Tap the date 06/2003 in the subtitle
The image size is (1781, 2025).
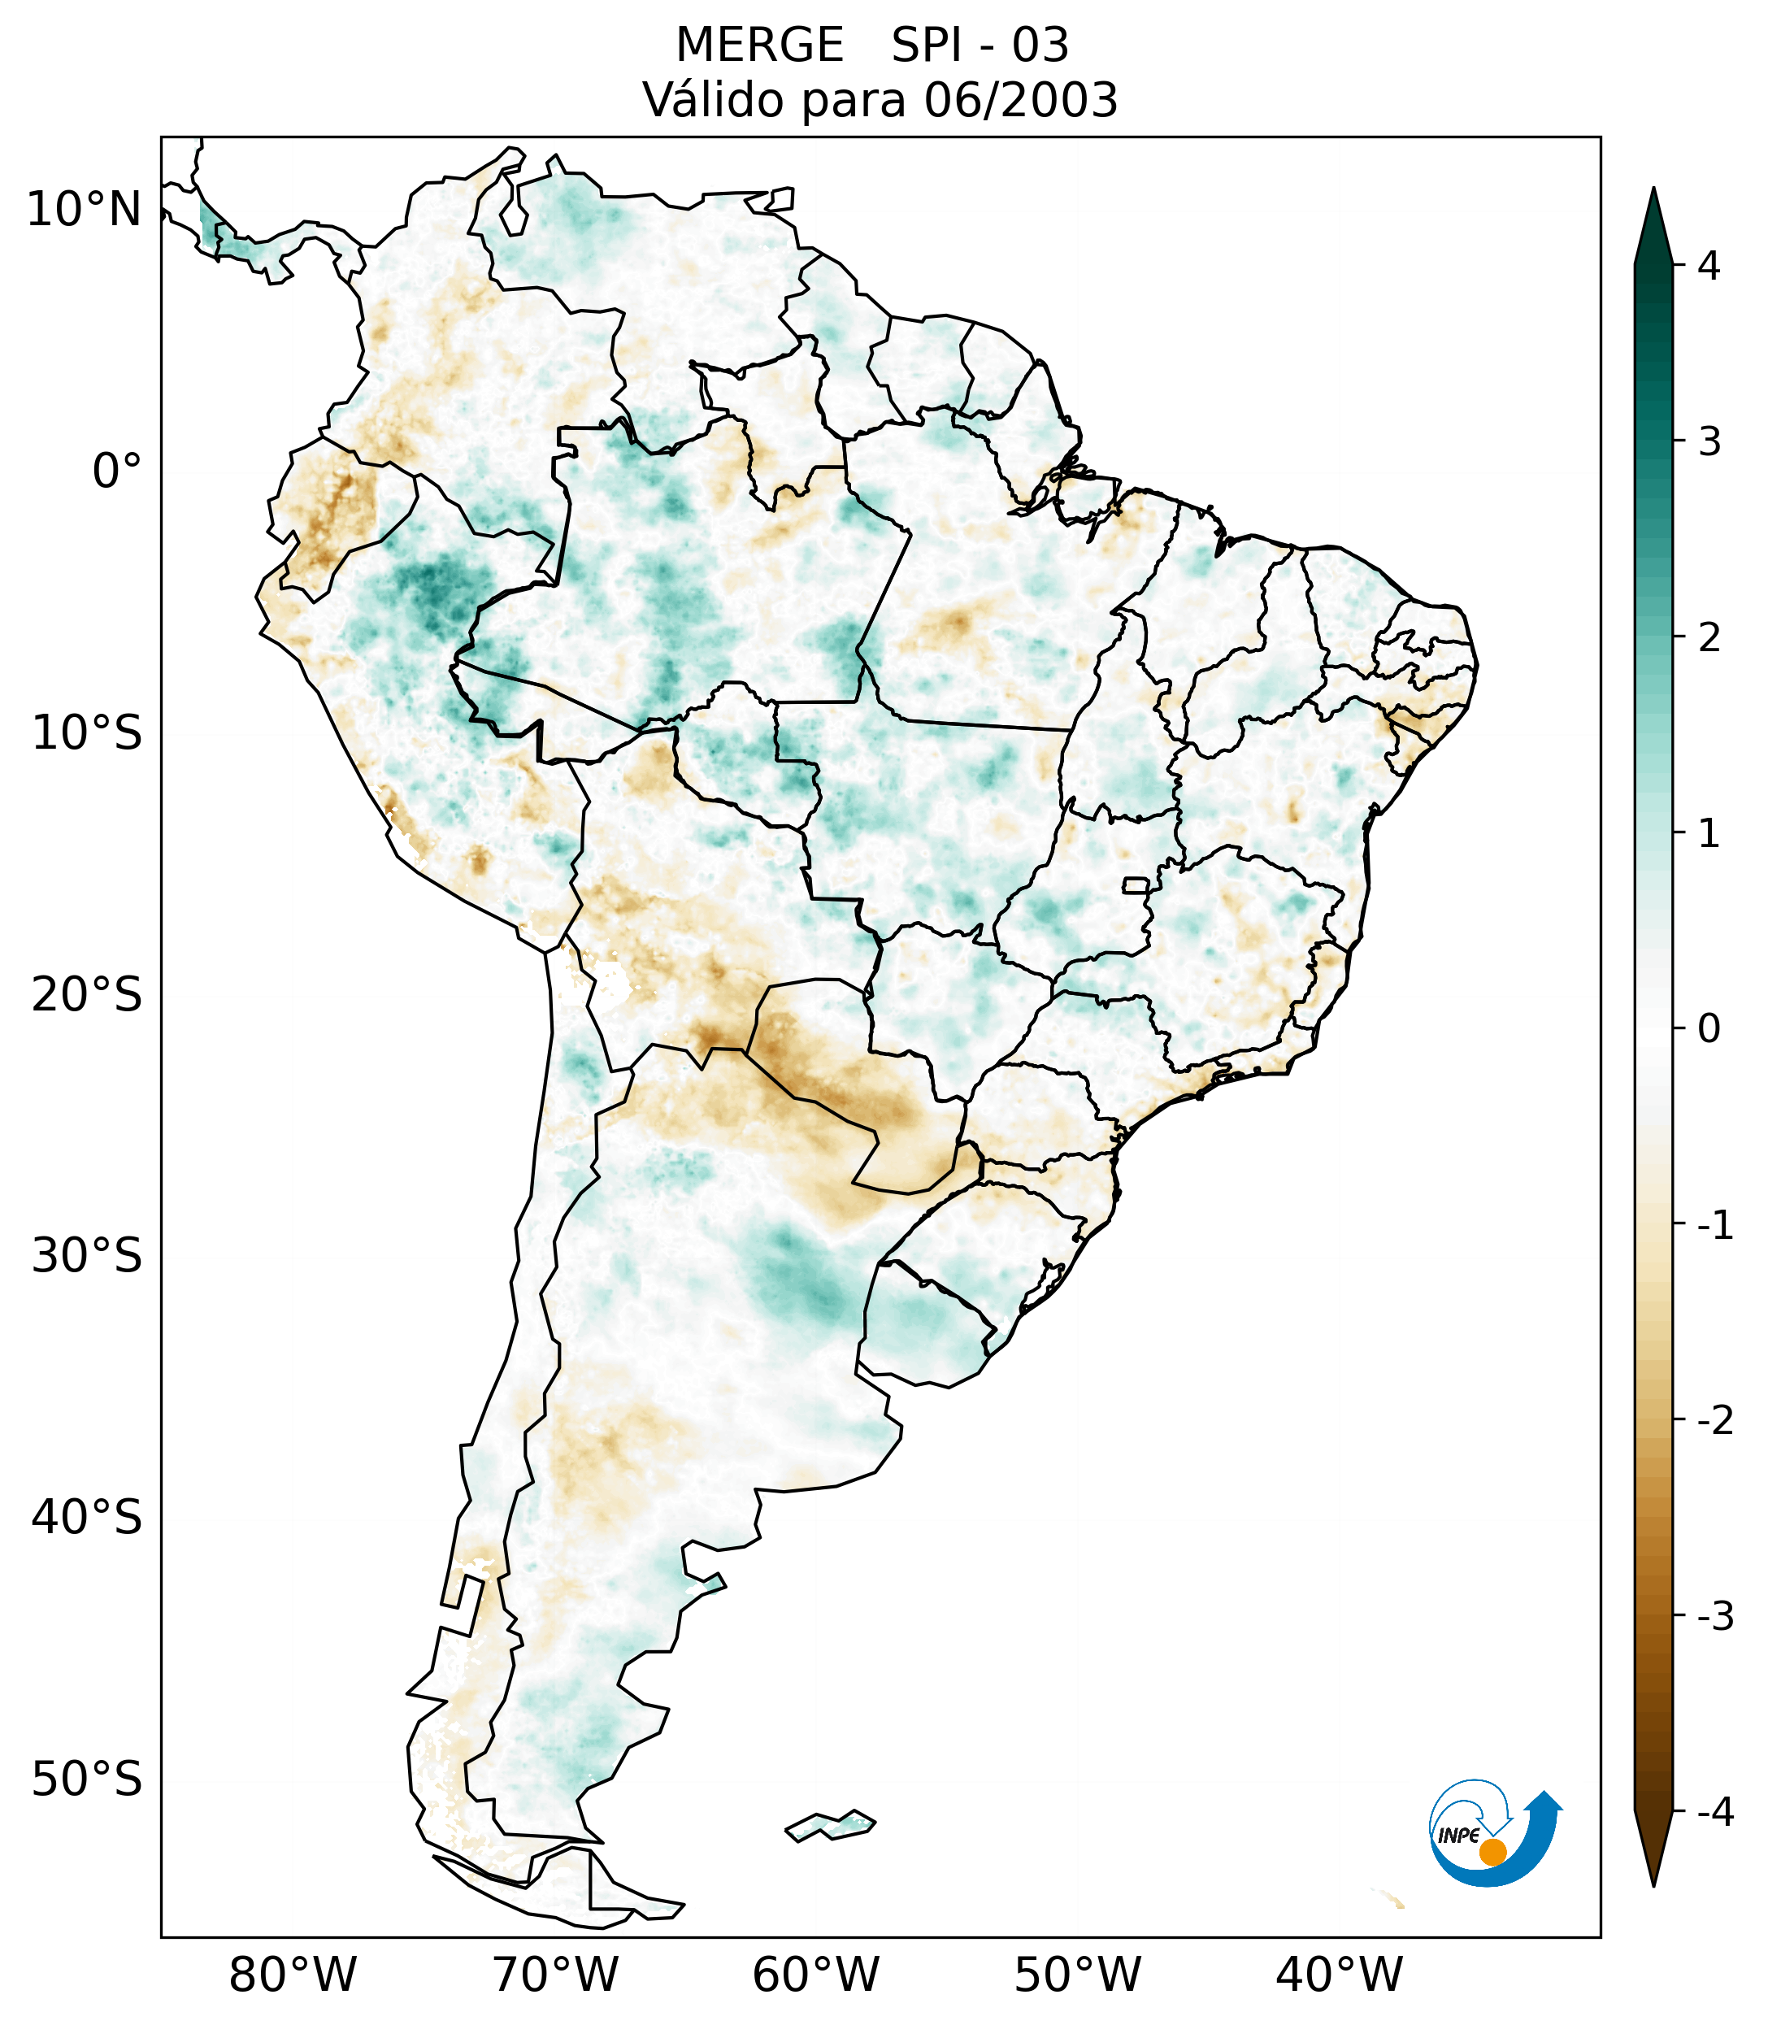point(1020,101)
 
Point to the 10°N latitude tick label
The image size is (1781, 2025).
point(85,210)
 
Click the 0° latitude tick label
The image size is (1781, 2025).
point(117,471)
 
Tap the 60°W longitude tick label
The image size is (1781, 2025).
point(815,1975)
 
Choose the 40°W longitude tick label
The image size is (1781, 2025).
point(1340,1975)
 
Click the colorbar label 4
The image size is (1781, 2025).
point(1709,266)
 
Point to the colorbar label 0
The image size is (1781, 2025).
point(1709,1029)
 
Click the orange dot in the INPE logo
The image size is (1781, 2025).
point(1492,1852)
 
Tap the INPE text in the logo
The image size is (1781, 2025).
point(1458,1836)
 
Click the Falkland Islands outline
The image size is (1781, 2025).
point(830,1824)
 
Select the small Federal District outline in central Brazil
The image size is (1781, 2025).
point(1136,884)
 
